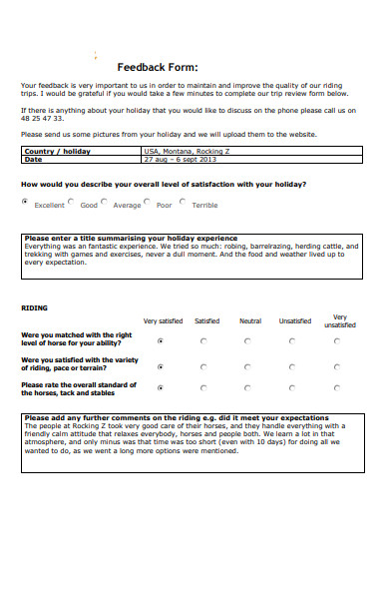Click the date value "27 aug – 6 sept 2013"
click(x=180, y=159)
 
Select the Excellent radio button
click(x=25, y=202)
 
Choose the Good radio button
click(x=72, y=202)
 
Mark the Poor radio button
click(x=148, y=202)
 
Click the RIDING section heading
click(x=34, y=308)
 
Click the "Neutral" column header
click(x=250, y=321)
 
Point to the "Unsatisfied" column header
click(x=294, y=321)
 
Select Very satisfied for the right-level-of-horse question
click(x=162, y=340)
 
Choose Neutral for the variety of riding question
click(x=249, y=365)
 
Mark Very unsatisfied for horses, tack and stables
click(x=337, y=389)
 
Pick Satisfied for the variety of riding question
click(x=204, y=365)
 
